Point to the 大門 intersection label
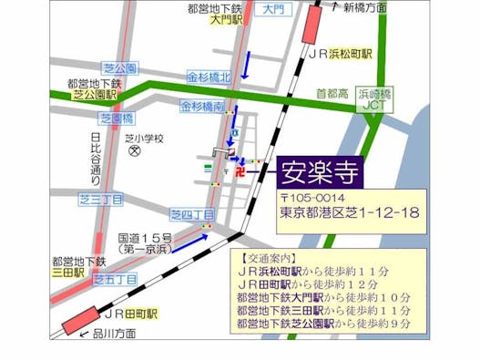click(x=270, y=9)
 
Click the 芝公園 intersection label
click(x=119, y=68)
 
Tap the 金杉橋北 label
click(x=209, y=77)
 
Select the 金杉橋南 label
click(x=202, y=107)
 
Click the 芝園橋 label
click(x=117, y=118)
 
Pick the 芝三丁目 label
click(x=100, y=199)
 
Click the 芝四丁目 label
click(x=191, y=213)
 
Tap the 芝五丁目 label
click(x=116, y=279)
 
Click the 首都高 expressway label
click(x=332, y=93)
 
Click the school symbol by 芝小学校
click(x=134, y=151)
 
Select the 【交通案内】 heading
click(x=270, y=258)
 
